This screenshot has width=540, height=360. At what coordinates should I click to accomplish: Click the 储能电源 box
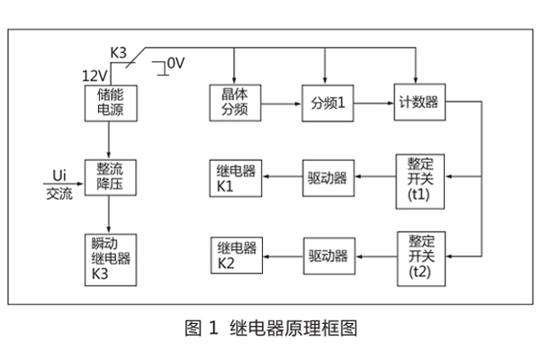click(109, 102)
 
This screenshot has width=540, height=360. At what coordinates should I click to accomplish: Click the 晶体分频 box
click(235, 102)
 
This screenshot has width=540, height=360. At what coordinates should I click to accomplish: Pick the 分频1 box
click(328, 103)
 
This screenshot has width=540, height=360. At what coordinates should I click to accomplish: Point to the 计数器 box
click(419, 103)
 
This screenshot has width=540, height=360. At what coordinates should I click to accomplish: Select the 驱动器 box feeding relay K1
click(328, 178)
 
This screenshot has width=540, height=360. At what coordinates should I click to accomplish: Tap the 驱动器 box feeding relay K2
click(328, 255)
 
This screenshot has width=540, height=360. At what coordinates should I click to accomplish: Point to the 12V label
click(94, 75)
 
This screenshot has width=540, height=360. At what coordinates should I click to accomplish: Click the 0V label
click(175, 63)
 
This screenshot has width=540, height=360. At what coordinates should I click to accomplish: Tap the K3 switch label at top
click(118, 53)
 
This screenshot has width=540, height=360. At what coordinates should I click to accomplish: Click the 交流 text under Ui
click(59, 192)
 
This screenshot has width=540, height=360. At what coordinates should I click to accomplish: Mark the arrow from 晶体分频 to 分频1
click(282, 103)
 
